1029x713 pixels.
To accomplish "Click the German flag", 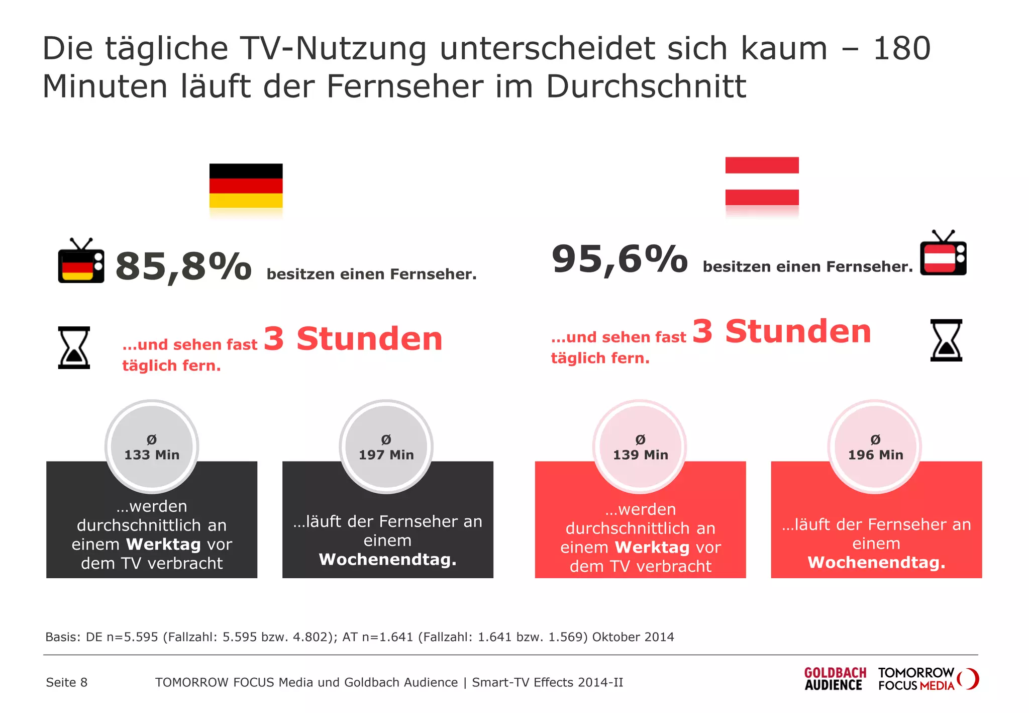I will click(246, 186).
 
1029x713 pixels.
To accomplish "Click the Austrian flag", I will click(762, 181).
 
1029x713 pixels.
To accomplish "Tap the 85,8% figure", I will click(183, 266).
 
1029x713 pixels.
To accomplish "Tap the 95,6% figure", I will click(620, 259).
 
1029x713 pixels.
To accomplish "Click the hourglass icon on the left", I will click(74, 347).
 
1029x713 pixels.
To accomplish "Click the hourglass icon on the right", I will click(946, 340).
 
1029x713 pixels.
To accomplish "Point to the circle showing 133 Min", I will click(152, 447).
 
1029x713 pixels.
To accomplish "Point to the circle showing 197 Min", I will click(386, 447).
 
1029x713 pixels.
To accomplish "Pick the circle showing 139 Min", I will click(640, 447).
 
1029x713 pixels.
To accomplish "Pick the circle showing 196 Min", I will click(875, 447).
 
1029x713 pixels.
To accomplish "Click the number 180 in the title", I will click(901, 49).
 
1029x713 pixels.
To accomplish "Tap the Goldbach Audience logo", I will click(835, 679).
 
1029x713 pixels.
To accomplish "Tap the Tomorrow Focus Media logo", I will click(928, 679).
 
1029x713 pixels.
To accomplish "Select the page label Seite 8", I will click(66, 682).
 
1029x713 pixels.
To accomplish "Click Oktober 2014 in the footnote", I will click(633, 637).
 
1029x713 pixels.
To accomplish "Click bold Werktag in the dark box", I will click(164, 544).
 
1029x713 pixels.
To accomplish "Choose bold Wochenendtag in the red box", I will click(876, 562).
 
